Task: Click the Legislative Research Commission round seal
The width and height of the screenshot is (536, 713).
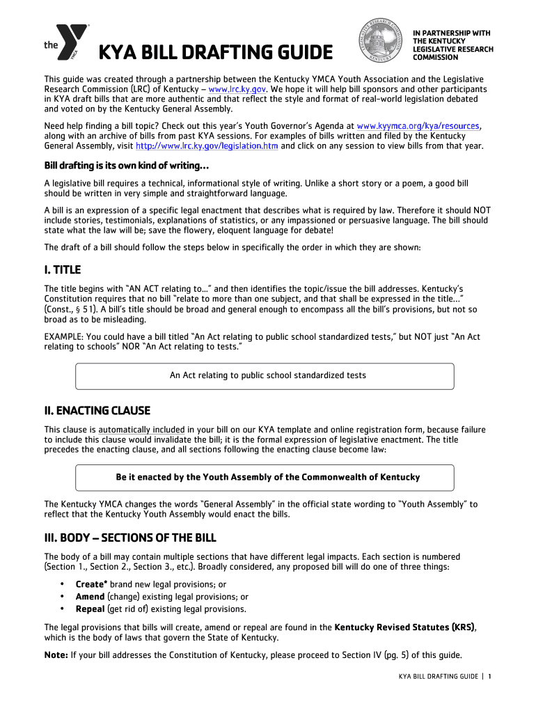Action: tap(380, 41)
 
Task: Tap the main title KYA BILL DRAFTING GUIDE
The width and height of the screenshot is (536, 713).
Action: tap(215, 52)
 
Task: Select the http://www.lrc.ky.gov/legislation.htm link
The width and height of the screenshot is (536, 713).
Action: tap(207, 146)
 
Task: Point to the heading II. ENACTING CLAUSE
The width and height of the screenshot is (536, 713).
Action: tap(97, 411)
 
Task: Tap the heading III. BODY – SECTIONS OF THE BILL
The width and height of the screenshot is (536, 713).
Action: tap(130, 538)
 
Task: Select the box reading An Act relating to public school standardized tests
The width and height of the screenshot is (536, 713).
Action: tap(265, 375)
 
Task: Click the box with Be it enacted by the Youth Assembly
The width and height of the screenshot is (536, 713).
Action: tap(265, 477)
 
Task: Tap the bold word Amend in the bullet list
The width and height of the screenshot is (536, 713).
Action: tap(90, 597)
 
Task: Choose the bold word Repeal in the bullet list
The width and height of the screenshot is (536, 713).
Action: tap(90, 609)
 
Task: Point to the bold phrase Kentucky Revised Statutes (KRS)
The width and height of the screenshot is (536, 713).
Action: tap(405, 627)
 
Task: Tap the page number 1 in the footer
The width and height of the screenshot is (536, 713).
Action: tap(490, 677)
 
